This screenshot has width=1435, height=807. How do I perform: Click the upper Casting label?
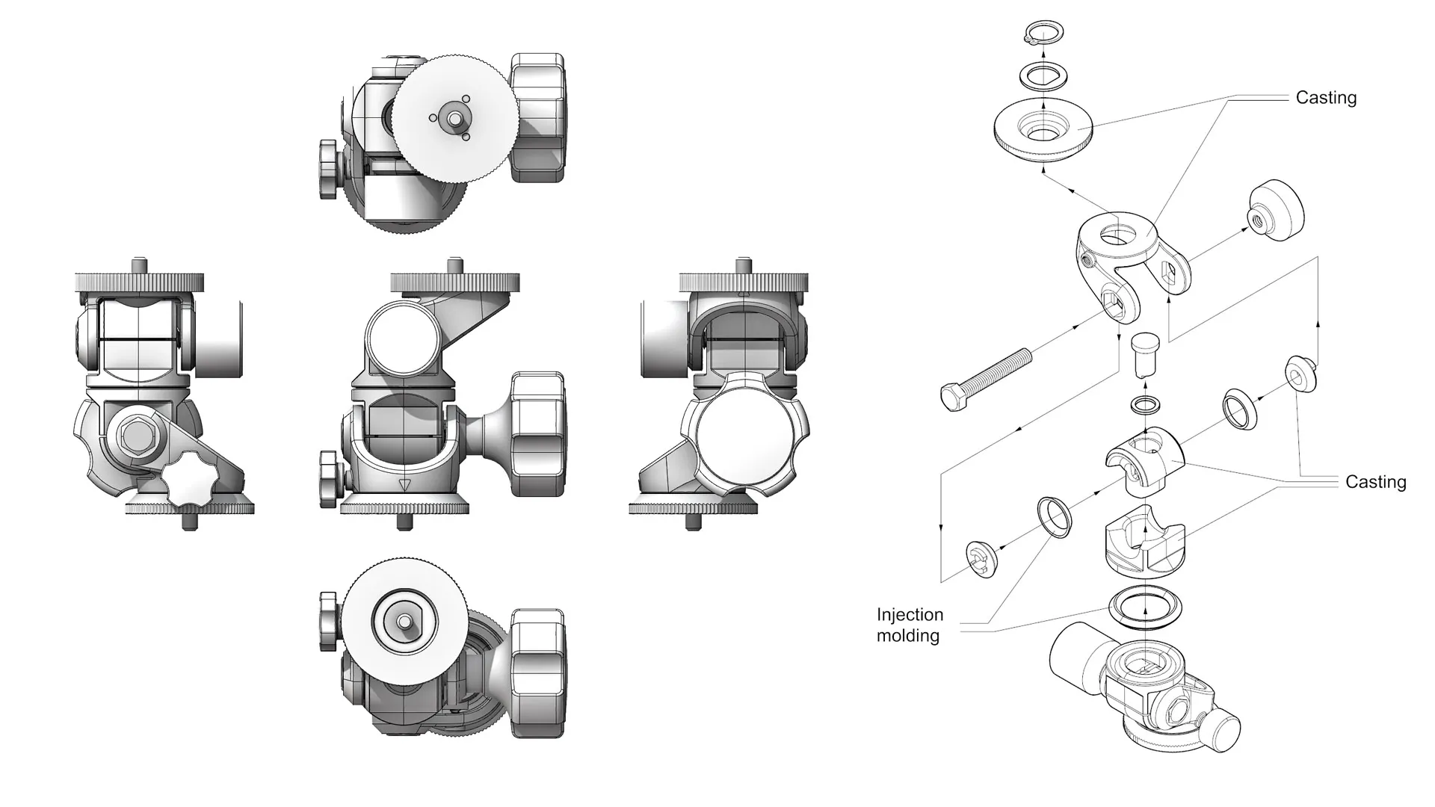(x=1326, y=98)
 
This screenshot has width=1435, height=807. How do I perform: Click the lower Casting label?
(x=1375, y=482)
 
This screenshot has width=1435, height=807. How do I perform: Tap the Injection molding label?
(x=910, y=625)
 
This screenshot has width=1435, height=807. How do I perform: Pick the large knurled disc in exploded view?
(x=1043, y=131)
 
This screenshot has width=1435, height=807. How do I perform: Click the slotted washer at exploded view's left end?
(x=980, y=560)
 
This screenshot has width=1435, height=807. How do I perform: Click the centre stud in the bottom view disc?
(x=404, y=621)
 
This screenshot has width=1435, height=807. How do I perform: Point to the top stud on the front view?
(x=454, y=265)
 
